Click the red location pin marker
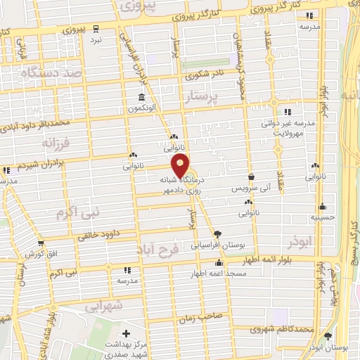[x=181, y=165]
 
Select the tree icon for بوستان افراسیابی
[x=216, y=234]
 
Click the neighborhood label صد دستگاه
[x=53, y=72]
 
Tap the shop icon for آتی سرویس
[x=251, y=177]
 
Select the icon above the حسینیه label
[x=323, y=207]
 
